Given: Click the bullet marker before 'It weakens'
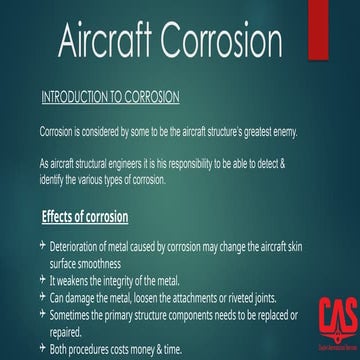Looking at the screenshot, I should [x=41, y=280].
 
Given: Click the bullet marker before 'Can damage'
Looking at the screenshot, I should [x=41, y=297].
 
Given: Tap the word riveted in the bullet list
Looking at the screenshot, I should [x=225, y=297].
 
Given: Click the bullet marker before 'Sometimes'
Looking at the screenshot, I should [x=41, y=314].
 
